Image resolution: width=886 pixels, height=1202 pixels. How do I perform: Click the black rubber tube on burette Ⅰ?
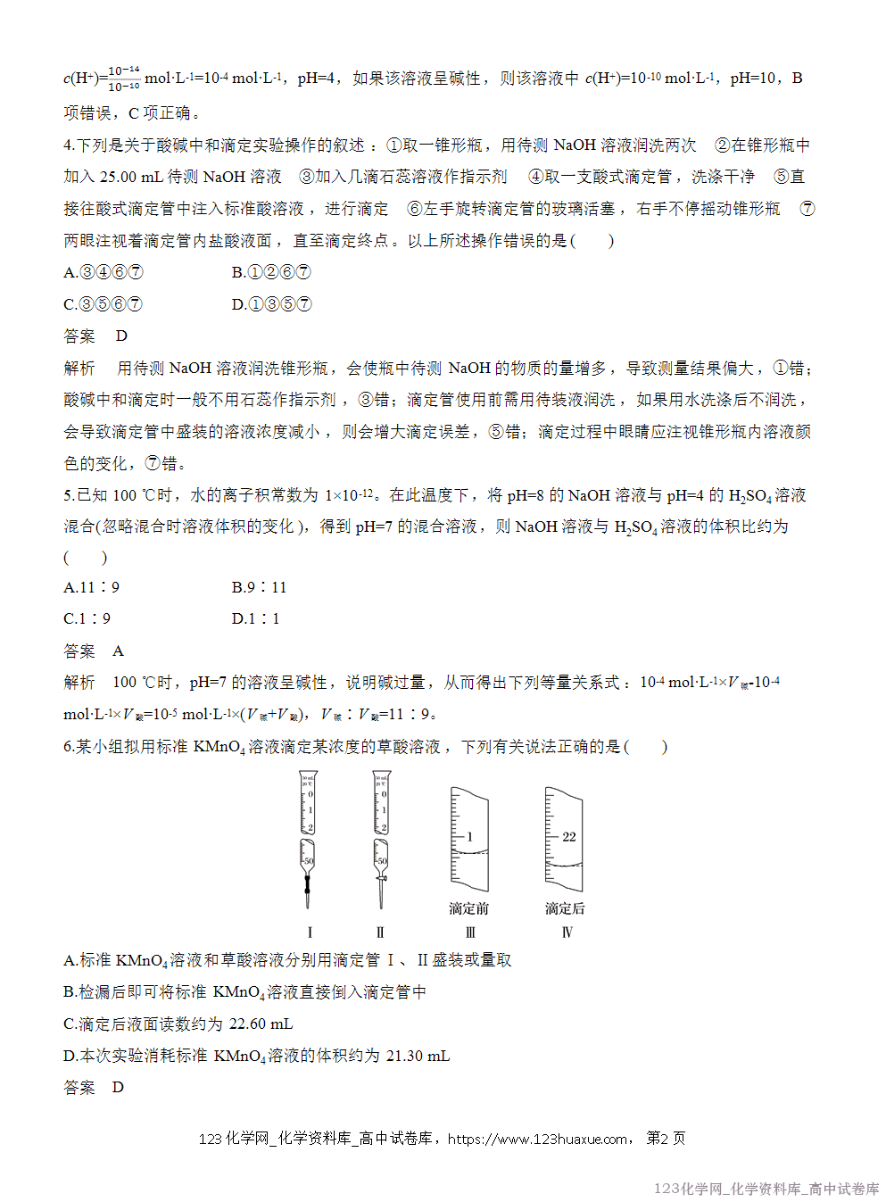point(308,885)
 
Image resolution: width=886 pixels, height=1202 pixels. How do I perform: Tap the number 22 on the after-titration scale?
point(569,837)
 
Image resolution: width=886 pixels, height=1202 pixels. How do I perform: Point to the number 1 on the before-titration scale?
point(470,837)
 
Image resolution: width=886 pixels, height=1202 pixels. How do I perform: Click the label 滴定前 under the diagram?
point(468,908)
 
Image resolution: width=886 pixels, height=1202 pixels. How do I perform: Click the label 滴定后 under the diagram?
point(565,908)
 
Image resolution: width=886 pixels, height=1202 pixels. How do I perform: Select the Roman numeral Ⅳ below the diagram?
point(567,933)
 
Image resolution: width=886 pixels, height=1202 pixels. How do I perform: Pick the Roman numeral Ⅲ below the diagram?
point(470,933)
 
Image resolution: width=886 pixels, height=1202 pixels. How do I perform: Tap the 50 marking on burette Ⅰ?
point(308,861)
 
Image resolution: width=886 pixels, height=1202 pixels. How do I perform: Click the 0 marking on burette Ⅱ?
point(384,793)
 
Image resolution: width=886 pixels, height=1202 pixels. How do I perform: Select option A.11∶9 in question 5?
point(91,587)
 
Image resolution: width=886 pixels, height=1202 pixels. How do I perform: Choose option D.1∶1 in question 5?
point(255,618)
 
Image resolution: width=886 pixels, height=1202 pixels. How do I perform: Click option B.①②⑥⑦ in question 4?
point(271,272)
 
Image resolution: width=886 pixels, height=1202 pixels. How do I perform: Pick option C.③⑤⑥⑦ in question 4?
point(103,304)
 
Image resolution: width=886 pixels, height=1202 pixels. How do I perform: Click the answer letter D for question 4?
point(121,336)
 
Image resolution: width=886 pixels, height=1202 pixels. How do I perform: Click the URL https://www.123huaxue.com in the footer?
point(537,1139)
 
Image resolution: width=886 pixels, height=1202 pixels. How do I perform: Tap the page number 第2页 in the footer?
point(666,1139)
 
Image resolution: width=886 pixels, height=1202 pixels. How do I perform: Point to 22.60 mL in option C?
point(261,1024)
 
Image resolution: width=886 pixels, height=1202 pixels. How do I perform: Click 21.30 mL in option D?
point(418,1057)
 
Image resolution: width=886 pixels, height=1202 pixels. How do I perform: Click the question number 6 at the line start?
point(68,747)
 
